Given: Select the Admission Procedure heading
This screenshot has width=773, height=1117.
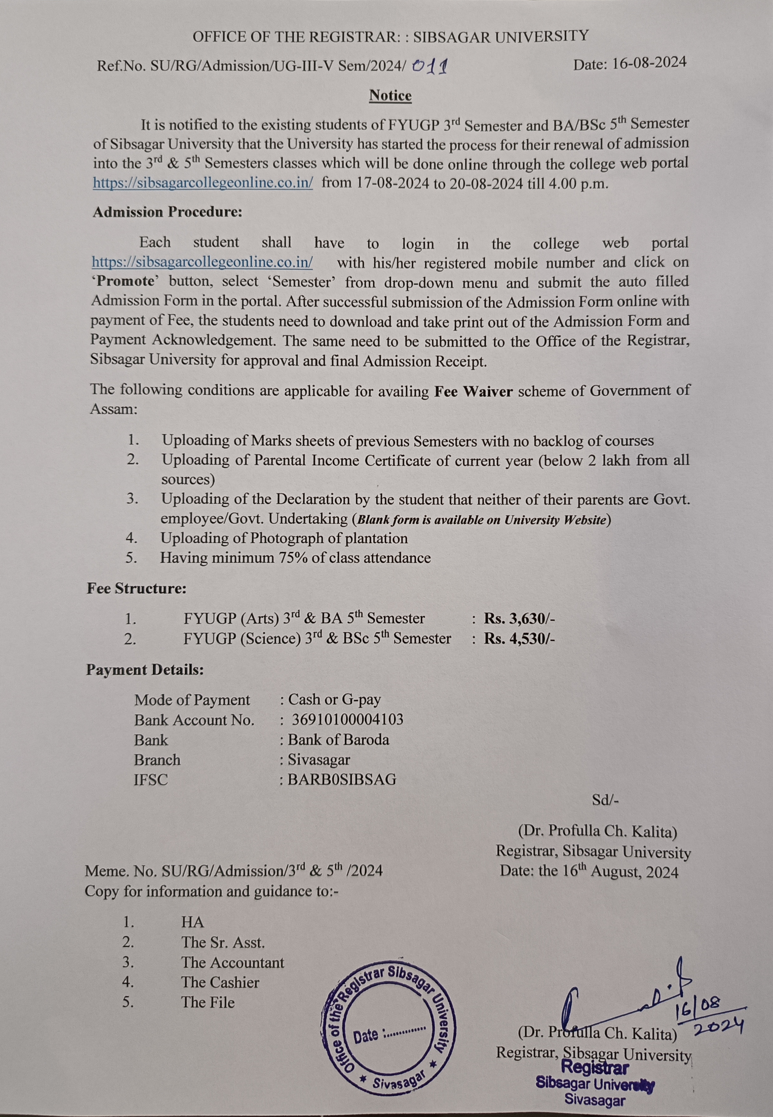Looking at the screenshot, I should coord(167,212).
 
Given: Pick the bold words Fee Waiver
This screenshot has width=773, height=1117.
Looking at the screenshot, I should coord(473,391).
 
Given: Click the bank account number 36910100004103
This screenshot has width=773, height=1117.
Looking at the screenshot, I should coord(347,719).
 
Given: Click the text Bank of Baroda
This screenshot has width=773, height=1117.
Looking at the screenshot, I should coord(338,740).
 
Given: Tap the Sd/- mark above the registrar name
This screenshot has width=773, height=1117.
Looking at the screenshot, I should coord(605,800).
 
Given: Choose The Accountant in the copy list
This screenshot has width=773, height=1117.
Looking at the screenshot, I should coord(233,962).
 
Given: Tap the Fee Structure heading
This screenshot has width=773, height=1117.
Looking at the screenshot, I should coord(137,589).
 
